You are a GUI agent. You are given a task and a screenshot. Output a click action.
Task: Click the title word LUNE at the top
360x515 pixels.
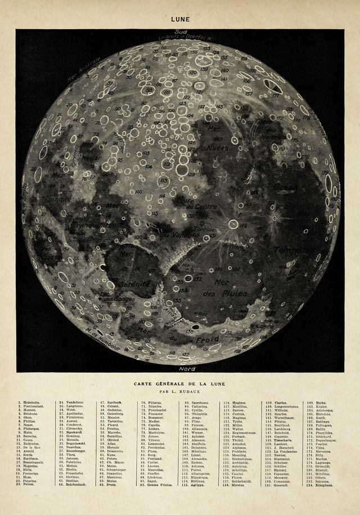click(181, 19)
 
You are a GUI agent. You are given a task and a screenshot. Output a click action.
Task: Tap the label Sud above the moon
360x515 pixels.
click(181, 32)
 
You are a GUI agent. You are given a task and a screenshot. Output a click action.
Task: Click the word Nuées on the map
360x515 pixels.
click(218, 147)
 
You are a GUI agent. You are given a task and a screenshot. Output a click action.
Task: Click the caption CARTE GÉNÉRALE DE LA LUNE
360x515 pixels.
click(180, 383)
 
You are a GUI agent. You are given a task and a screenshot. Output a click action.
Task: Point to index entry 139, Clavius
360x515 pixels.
click(280, 403)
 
